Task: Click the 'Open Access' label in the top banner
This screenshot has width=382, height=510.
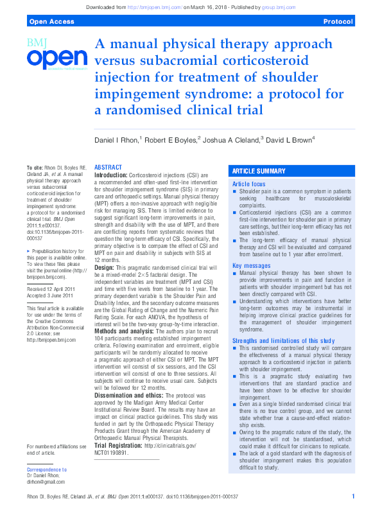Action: click(x=48, y=21)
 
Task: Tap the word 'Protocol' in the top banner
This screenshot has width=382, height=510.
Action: click(x=338, y=21)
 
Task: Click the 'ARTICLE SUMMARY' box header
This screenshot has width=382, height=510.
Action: click(x=258, y=171)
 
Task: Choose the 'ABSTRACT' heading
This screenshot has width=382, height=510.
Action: click(x=109, y=167)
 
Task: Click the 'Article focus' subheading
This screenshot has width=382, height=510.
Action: click(x=249, y=184)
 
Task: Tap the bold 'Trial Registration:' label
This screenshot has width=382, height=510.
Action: click(x=119, y=445)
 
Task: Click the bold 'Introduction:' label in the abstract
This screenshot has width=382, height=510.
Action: click(x=111, y=175)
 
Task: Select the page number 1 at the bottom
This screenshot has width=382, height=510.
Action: click(x=353, y=497)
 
